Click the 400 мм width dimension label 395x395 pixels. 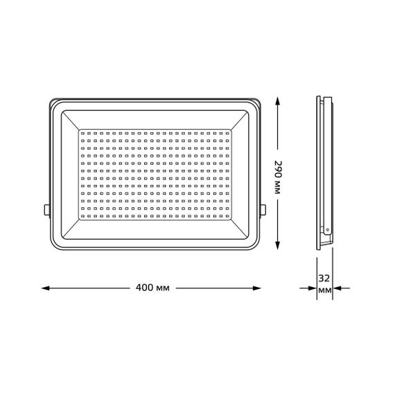click(153, 287)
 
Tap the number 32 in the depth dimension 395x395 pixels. click(324, 279)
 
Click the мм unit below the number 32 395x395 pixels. click(324, 292)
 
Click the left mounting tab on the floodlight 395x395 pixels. click(46, 208)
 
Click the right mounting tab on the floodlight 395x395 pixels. click(265, 208)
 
